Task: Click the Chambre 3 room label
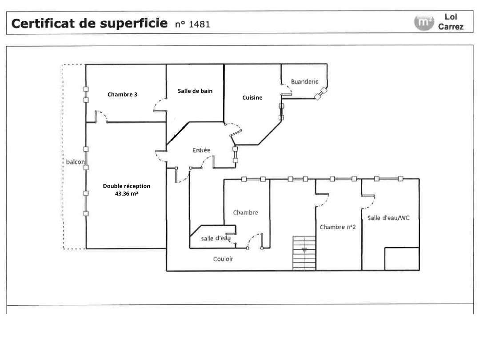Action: point(122,95)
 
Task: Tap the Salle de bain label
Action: point(195,91)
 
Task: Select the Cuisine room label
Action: point(252,98)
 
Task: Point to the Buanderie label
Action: point(304,82)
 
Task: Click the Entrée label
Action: point(201,151)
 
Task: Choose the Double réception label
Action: point(126,186)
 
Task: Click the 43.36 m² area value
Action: point(126,194)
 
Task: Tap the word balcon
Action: point(75,162)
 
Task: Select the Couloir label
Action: point(223,259)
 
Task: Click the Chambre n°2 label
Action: point(338,227)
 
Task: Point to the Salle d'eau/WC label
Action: point(388,218)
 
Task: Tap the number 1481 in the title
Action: point(200,24)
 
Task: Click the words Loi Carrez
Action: point(451,22)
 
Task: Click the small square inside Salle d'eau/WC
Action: point(402,259)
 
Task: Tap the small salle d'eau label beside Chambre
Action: point(216,238)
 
